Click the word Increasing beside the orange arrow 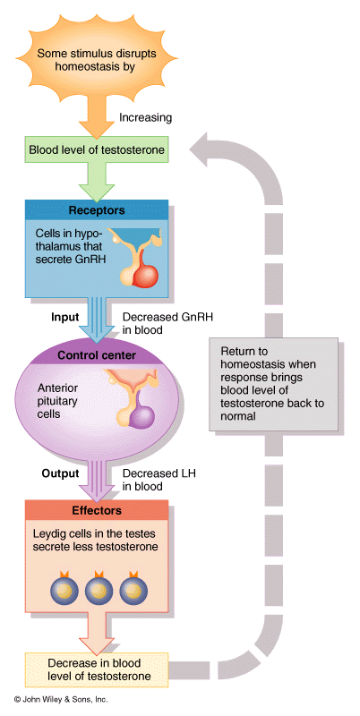pos(145,118)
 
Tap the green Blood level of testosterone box pos(97,150)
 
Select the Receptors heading pos(97,210)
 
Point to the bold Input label pos(64,317)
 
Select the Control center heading pos(97,355)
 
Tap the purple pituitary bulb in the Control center pos(142,414)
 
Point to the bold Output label pos(60,473)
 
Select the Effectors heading pos(97,510)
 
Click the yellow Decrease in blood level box pos(97,669)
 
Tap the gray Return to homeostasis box pos(274,384)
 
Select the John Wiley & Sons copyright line pos(61,699)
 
